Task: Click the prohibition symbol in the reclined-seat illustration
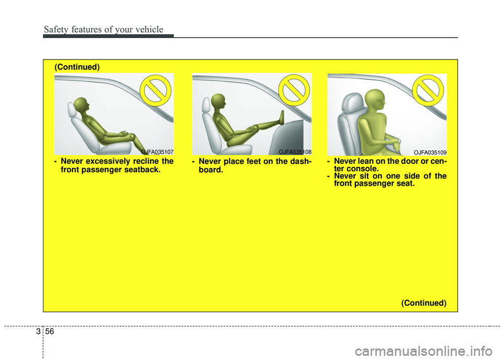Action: coord(156,90)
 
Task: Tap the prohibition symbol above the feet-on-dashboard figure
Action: coord(294,90)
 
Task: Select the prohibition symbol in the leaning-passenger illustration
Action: coord(428,90)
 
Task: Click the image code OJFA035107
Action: coord(157,152)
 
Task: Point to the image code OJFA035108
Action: coord(295,152)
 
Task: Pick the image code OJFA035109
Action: coord(430,152)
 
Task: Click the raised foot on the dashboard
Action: coord(282,117)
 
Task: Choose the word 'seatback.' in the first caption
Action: coord(142,170)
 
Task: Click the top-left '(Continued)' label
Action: coord(77,67)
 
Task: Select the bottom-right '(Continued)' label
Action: coord(424,303)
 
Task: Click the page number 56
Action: coord(50,332)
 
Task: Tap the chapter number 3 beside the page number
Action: coord(38,332)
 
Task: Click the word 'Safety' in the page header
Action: coord(56,30)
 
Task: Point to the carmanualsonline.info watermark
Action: coord(423,351)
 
